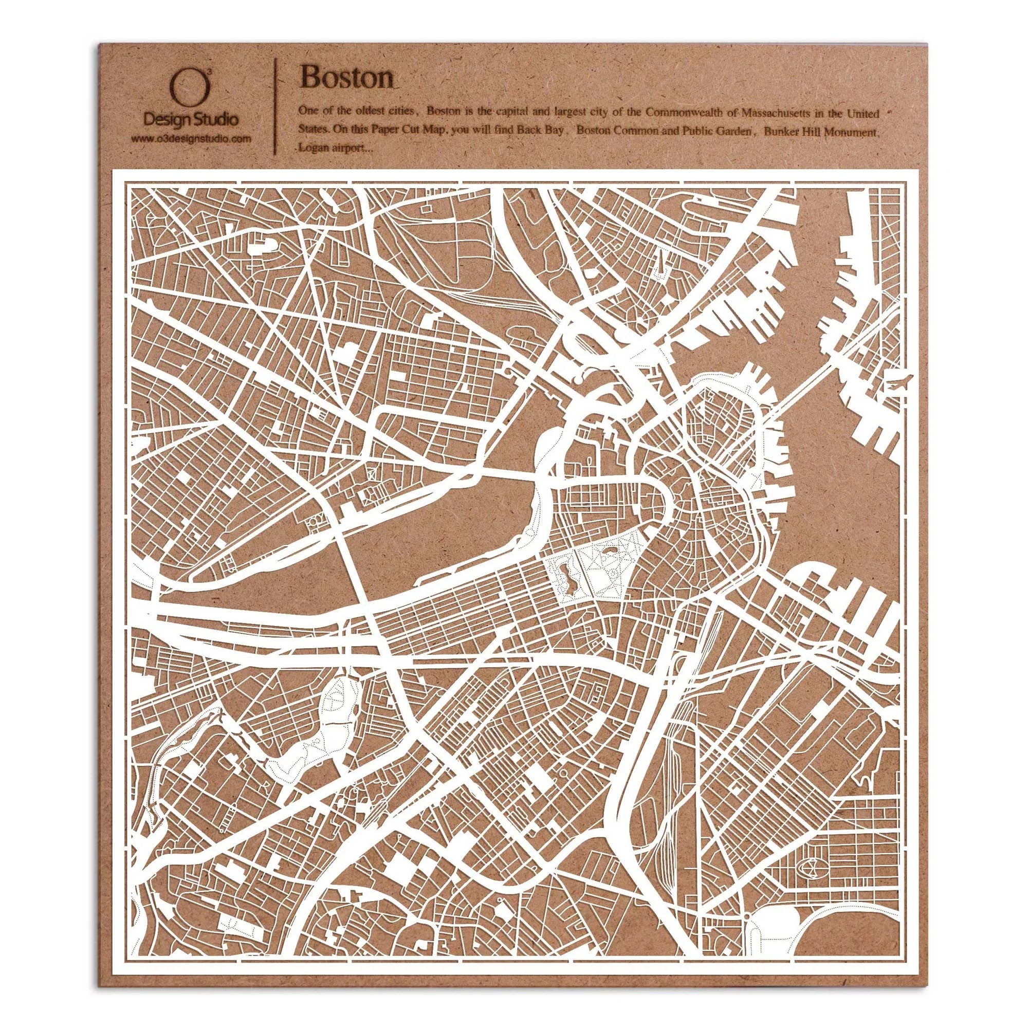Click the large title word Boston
click(x=347, y=78)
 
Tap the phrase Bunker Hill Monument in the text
click(x=819, y=132)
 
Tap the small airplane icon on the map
click(x=901, y=382)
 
